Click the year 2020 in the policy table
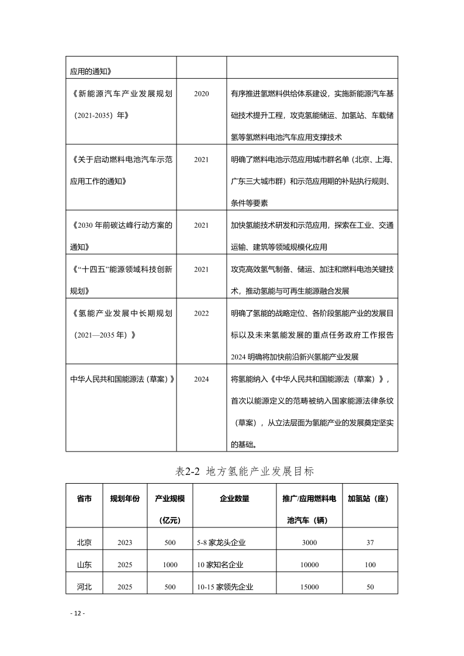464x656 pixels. coord(201,93)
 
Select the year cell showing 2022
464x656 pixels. coord(201,313)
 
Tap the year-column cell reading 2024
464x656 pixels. coord(201,379)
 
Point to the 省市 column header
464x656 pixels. coord(84,499)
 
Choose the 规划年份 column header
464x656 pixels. coord(124,499)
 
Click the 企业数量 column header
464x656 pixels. coord(234,499)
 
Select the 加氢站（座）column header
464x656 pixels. coord(369,499)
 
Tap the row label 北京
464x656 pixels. coord(84,542)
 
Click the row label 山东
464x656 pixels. coord(84,564)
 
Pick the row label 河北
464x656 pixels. coord(84,586)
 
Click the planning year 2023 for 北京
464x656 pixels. coord(124,543)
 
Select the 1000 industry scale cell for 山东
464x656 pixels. coord(170,565)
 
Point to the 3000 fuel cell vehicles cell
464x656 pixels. coord(310,543)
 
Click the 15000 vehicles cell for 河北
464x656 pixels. coord(310,587)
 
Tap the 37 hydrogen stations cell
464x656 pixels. coord(370,543)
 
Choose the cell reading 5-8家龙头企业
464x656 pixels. coord(221,543)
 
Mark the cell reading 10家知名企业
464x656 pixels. coord(220,565)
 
